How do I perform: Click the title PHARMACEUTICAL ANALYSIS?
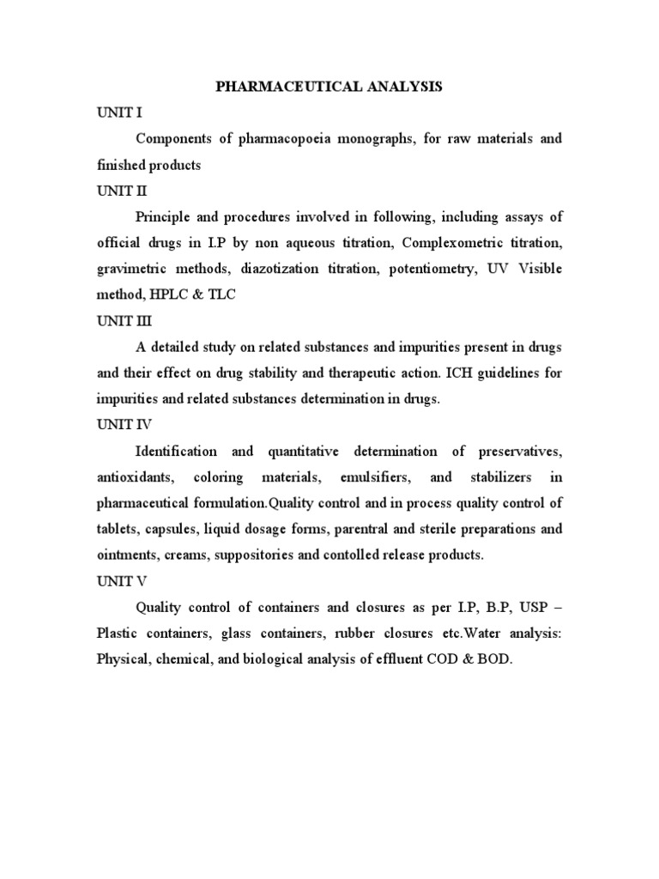pos(329,87)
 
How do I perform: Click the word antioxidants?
pos(132,477)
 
